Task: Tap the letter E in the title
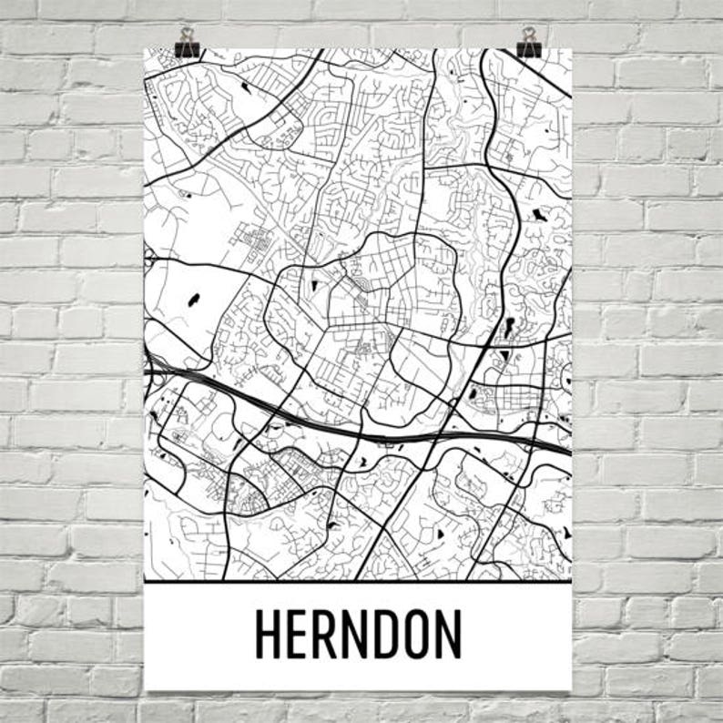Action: coord(300,634)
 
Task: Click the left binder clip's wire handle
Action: coord(188,35)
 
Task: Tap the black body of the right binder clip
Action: coord(527,50)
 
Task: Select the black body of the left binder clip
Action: coord(188,50)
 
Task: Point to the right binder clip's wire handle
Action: coord(527,35)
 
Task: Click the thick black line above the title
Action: coord(358,581)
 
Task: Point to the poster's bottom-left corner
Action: coord(145,689)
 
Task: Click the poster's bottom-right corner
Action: coord(572,689)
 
